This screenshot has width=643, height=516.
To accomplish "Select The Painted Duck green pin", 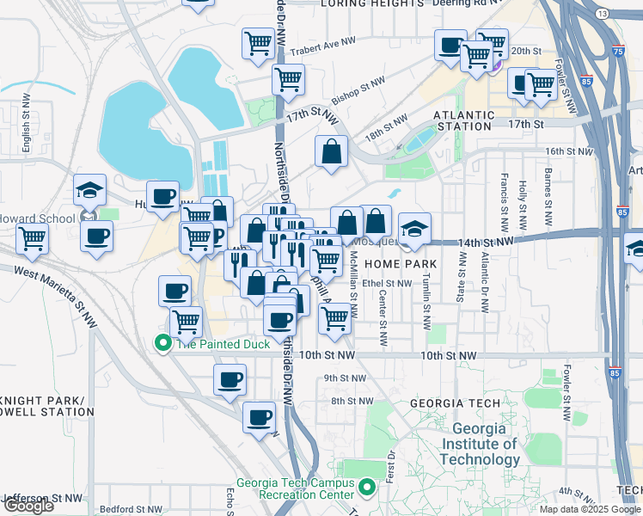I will click(x=162, y=344).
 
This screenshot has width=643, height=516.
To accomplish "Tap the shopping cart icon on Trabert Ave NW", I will click(x=257, y=42).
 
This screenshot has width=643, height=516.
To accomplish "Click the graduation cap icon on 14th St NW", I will click(x=414, y=228).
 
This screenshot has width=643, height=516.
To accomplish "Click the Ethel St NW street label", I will click(x=388, y=283).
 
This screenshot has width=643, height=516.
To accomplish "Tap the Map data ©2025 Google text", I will click(x=590, y=509).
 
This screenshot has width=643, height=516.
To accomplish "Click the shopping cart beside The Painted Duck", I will click(x=186, y=322).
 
